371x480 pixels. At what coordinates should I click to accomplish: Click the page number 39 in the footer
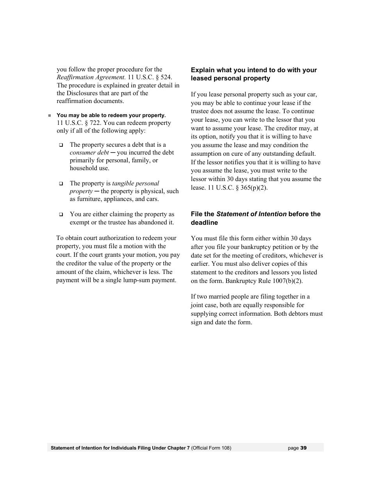pyautogui.click(x=304, y=448)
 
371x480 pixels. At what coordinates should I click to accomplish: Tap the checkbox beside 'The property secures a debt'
pyautogui.click(x=61, y=145)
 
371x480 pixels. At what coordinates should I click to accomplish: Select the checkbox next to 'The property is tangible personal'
pyautogui.click(x=61, y=183)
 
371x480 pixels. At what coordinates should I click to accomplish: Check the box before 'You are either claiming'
pyautogui.click(x=61, y=215)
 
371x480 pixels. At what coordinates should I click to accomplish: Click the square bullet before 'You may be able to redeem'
pyautogui.click(x=50, y=116)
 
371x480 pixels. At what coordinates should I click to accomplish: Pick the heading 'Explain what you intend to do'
pyautogui.click(x=254, y=70)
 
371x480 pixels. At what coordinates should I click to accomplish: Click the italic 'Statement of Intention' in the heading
pyautogui.click(x=251, y=214)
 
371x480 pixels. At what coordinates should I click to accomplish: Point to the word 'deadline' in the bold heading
pyautogui.click(x=204, y=223)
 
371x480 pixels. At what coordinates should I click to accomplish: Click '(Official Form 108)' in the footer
pyautogui.click(x=211, y=448)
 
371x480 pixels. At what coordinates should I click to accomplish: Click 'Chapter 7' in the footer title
pyautogui.click(x=179, y=448)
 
